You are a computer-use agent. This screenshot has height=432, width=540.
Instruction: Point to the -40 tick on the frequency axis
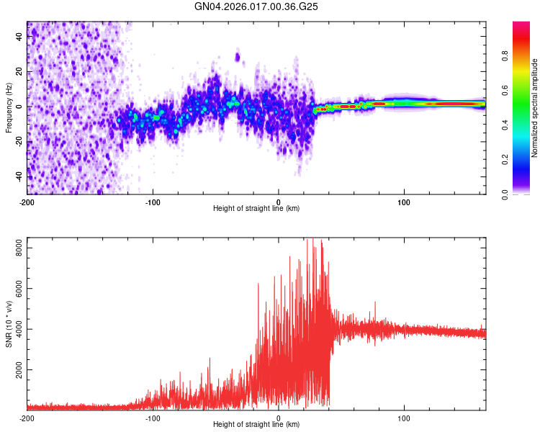coord(18,176)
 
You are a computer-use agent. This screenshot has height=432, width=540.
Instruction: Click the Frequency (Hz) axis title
coord(9,108)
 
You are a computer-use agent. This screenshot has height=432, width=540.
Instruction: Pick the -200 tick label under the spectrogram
coord(27,202)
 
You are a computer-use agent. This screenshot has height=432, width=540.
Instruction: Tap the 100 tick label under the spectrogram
coord(404,202)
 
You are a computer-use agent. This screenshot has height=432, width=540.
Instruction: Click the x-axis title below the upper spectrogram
coord(256,209)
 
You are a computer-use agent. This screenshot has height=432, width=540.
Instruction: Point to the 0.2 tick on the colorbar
coord(505,160)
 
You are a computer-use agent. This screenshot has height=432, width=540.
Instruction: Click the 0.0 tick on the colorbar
coord(505,194)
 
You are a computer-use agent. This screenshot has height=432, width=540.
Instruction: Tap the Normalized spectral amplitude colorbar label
coord(535,108)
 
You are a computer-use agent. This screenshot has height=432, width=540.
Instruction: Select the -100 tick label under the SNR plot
coord(153,418)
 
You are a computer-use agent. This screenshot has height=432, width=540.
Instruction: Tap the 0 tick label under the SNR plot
coord(279,418)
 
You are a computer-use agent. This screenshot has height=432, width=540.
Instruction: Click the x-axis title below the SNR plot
coord(256,425)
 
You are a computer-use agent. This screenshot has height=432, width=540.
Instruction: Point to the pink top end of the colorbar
coord(521,24)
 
